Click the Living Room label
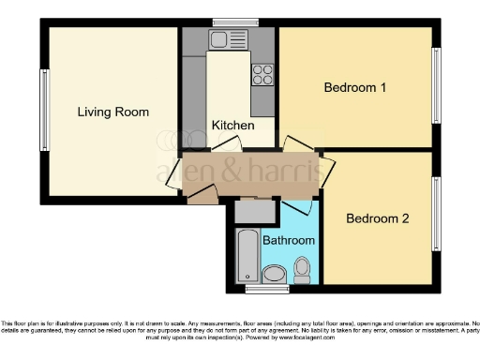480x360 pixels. (x=112, y=112)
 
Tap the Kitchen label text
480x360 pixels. (x=229, y=125)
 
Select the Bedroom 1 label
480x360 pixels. (x=355, y=88)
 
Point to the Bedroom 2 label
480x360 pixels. (x=378, y=219)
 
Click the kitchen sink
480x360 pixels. (x=226, y=39)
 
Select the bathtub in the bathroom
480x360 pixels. (x=247, y=255)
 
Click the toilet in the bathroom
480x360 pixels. (x=302, y=270)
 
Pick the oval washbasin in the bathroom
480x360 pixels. (x=275, y=274)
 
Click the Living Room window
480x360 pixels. (x=43, y=111)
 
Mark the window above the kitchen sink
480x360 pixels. (x=228, y=22)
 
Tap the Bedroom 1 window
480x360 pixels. (x=435, y=85)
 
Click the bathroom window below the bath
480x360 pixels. (x=247, y=286)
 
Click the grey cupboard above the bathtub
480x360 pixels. (x=254, y=213)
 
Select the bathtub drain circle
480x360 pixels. (x=247, y=275)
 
